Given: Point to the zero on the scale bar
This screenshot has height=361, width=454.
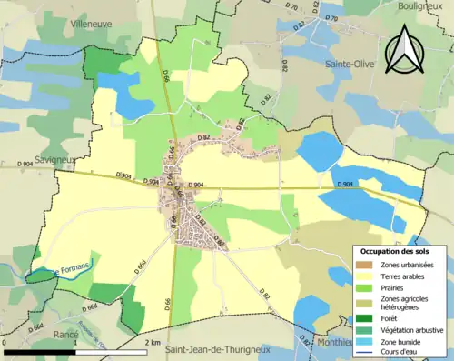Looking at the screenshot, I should tap(5, 343).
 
